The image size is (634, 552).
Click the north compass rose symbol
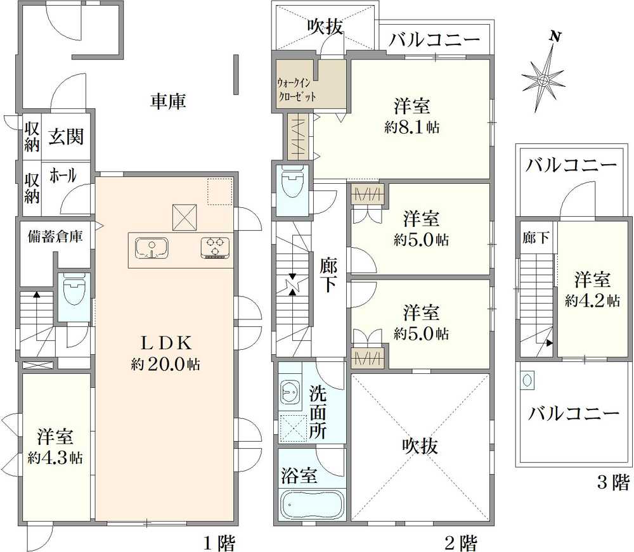click(544, 79)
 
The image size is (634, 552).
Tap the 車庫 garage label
click(168, 101)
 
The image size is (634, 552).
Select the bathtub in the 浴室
click(311, 506)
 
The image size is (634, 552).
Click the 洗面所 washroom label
click(318, 413)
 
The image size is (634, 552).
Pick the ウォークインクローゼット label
click(297, 89)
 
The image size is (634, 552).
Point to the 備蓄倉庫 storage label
click(55, 236)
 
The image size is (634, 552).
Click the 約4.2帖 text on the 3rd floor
click(593, 301)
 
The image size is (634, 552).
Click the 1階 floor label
click(219, 542)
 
